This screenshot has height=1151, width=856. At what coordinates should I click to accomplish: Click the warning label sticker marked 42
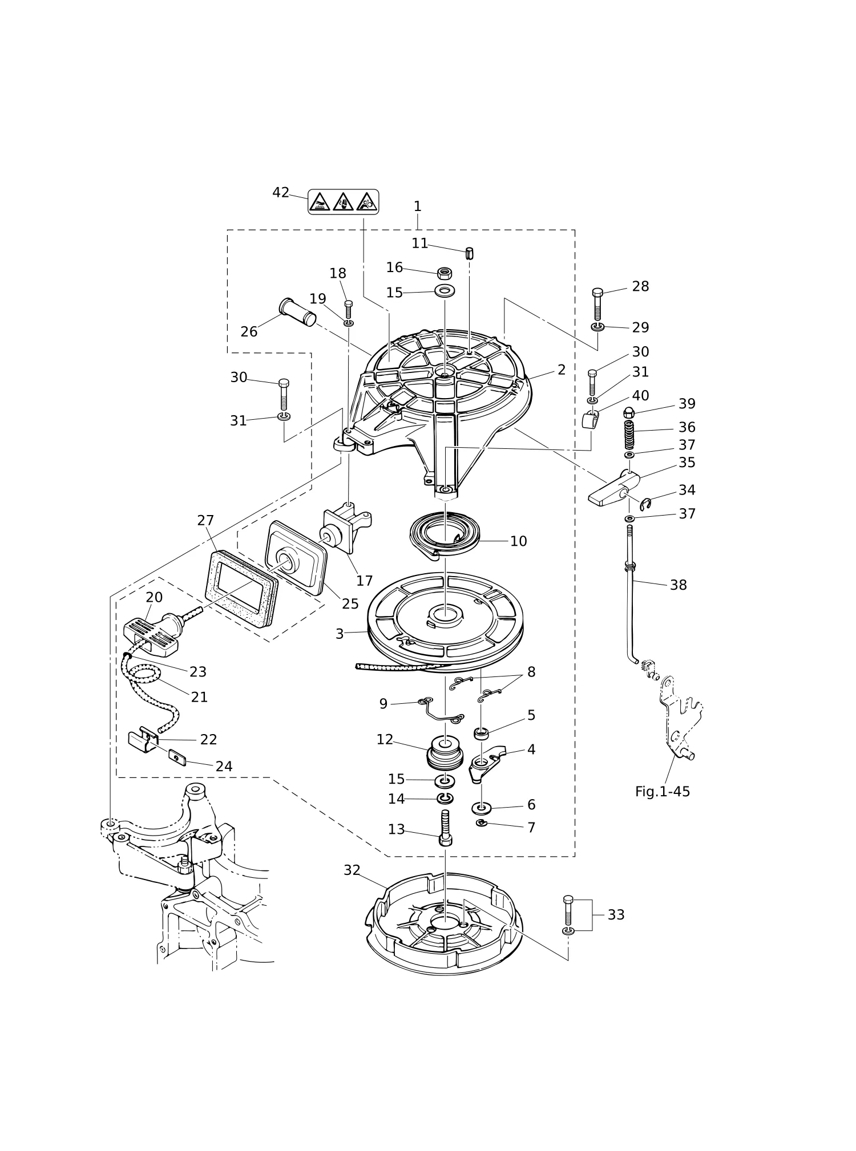[x=343, y=201]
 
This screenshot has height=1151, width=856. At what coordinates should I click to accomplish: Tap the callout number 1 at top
[x=417, y=206]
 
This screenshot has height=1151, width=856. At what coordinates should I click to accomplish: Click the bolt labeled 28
[x=597, y=304]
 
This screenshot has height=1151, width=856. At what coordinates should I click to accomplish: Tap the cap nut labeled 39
[x=629, y=413]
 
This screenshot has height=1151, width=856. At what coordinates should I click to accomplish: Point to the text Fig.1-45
[x=663, y=791]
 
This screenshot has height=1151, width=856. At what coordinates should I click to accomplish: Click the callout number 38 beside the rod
[x=678, y=585]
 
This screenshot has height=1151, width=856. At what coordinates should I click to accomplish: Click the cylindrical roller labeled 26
[x=297, y=311]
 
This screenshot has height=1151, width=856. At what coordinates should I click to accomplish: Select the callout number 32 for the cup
[x=352, y=870]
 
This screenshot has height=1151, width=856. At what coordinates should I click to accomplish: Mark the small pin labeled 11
[x=470, y=253]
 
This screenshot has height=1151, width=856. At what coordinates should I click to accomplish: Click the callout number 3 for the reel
[x=340, y=634]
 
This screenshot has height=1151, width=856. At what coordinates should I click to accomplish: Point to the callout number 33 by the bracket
[x=616, y=914]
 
